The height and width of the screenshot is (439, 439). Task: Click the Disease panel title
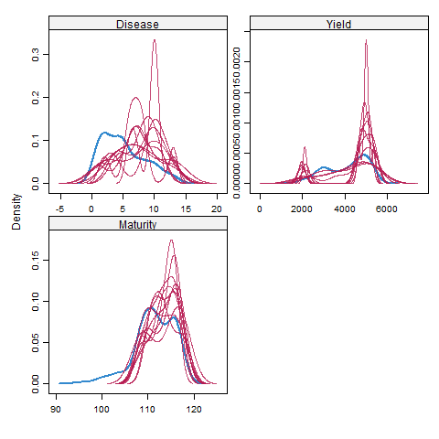136,24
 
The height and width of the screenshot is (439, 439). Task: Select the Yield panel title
337,24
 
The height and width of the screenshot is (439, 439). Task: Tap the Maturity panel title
136,224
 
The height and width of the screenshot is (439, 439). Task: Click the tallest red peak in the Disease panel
155,40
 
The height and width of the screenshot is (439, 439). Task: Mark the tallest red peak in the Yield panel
366,40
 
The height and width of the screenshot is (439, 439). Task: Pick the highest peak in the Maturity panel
171,241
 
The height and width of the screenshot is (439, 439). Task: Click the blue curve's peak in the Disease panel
103,134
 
